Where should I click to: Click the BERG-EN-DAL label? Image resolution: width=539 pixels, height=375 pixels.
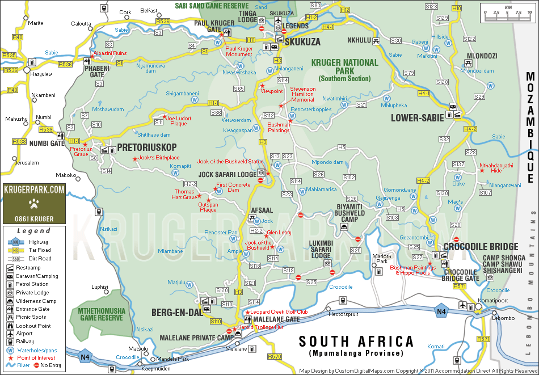173,312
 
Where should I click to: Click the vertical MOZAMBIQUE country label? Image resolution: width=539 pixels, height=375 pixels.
530,128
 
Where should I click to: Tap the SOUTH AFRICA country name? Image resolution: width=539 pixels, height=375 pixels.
356,342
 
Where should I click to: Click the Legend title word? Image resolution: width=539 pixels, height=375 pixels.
33,231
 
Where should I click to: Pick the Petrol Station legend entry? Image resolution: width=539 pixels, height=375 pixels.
32,284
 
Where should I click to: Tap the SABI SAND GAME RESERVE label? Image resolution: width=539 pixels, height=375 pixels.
213,5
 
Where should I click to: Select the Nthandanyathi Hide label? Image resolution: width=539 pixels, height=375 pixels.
496,168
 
